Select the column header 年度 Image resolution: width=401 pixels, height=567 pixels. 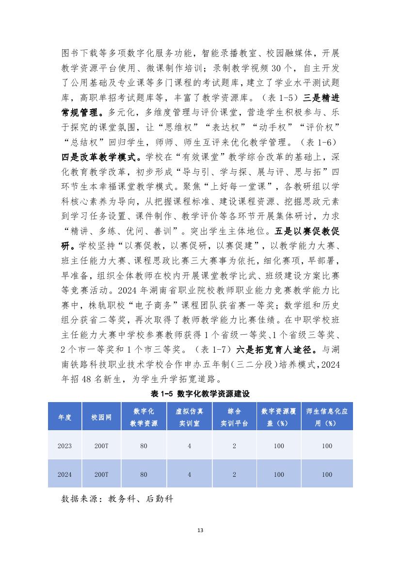point(65,417)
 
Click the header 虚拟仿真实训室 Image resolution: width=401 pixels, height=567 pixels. point(189,417)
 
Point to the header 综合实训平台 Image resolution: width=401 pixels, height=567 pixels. point(234,417)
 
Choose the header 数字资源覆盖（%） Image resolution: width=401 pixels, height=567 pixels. point(279,417)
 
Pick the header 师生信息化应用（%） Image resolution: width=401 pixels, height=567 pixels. point(327,417)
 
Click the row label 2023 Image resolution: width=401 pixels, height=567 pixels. point(65,446)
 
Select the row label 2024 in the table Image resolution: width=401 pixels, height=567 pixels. point(65,474)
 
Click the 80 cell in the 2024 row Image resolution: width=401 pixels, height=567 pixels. point(144,474)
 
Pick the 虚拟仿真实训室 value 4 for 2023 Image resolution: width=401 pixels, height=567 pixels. point(189,446)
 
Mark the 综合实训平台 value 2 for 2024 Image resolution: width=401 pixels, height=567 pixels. point(234,474)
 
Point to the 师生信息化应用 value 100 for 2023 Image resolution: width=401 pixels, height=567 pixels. point(327,446)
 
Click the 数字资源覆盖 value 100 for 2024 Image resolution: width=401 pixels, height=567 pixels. point(279,474)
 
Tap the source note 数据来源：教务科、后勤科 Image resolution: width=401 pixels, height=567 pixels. point(117,498)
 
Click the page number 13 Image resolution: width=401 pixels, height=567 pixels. point(200,530)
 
